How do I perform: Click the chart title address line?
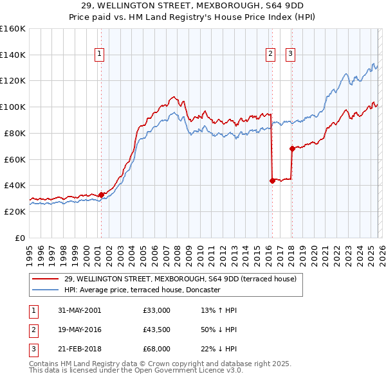193,6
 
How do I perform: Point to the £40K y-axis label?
14,186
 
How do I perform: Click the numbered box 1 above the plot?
100,55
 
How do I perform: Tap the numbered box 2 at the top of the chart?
270,55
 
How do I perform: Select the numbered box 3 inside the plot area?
290,55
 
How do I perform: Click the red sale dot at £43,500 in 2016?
272,181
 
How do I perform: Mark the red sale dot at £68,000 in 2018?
292,148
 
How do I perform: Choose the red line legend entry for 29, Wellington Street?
180,279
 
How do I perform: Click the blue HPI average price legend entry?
142,290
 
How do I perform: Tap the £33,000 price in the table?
157,310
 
